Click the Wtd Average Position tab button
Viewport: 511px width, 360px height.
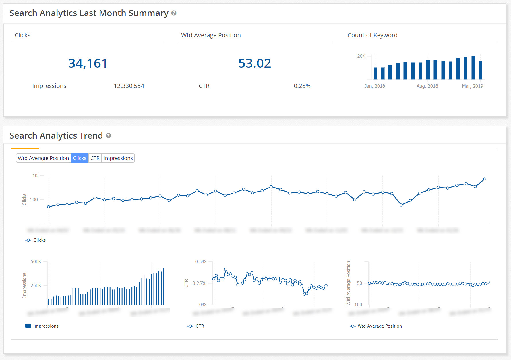[x=43, y=158]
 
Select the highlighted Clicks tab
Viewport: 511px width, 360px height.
[x=80, y=158]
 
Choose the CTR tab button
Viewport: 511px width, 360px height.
[x=95, y=158]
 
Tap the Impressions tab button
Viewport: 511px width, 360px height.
[x=118, y=158]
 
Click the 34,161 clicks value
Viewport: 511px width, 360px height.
[x=88, y=63]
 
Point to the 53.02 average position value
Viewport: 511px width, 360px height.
[x=254, y=63]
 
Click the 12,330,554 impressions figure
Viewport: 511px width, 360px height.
[x=129, y=86]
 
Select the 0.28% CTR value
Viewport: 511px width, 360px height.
[x=302, y=86]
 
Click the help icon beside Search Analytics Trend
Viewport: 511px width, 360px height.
[x=108, y=136]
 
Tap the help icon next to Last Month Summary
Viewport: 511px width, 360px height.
[x=174, y=13]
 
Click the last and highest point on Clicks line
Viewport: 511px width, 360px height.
[x=485, y=179]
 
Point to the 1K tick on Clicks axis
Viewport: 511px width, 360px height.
[x=35, y=176]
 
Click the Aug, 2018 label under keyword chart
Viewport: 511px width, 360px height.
[x=427, y=86]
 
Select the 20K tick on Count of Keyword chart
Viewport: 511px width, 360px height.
[x=361, y=56]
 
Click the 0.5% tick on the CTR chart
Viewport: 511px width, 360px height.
[x=201, y=262]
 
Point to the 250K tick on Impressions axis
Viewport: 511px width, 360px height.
[x=36, y=285]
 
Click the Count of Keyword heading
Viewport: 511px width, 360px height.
[x=372, y=35]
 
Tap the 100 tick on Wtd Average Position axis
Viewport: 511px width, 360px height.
[x=358, y=305]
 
